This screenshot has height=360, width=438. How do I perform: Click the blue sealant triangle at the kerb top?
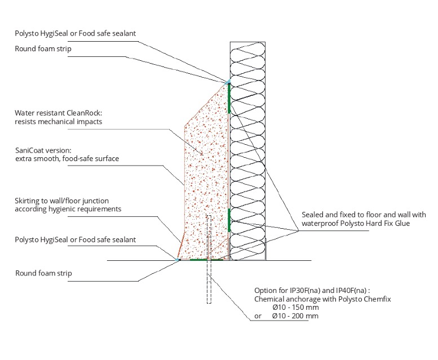point(228,82)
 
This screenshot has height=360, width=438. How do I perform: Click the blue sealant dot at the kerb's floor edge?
point(177,260)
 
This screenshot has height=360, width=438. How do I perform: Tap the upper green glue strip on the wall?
point(229,98)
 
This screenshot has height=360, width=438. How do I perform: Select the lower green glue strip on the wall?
point(229,220)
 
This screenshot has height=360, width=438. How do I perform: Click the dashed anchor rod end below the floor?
point(209,303)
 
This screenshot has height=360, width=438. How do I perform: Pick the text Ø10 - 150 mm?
point(295,308)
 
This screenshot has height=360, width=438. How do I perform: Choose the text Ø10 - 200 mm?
point(295,316)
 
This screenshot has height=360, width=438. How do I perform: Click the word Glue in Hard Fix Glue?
point(402,224)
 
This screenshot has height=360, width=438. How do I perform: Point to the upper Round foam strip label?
point(43,49)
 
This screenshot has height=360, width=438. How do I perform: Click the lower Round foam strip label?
point(43,273)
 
